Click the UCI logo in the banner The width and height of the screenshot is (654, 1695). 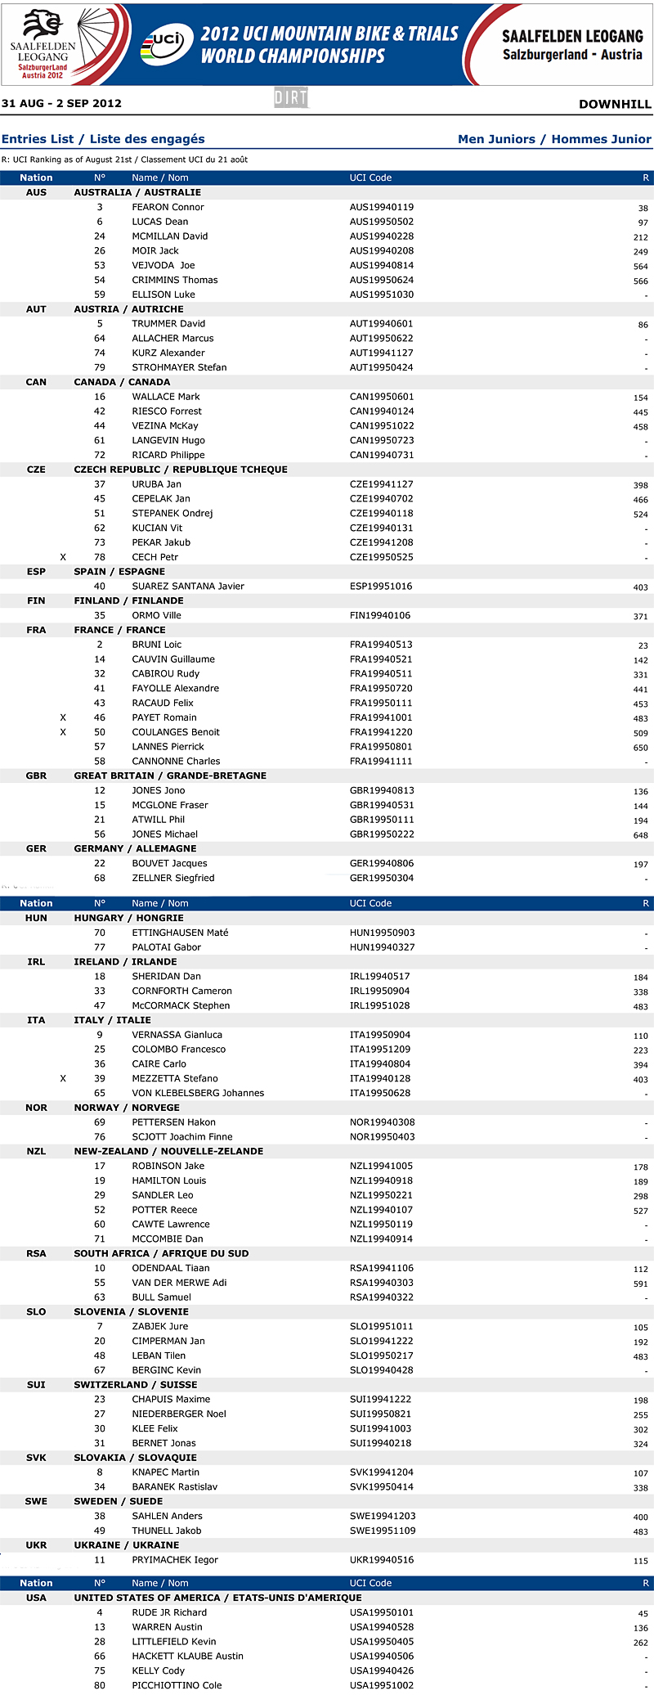click(167, 44)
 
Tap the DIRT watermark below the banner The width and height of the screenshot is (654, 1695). click(291, 98)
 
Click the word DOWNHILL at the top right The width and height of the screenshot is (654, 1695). click(615, 104)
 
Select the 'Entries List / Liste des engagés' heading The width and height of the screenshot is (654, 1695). click(103, 139)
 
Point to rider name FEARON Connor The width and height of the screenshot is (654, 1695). click(168, 207)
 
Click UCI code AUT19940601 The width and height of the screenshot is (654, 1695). click(381, 324)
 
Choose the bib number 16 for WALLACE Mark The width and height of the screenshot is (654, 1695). click(100, 397)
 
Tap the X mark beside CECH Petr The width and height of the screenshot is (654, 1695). click(63, 557)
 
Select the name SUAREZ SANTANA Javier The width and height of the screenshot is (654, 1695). click(188, 586)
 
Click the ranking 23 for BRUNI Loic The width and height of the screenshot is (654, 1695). click(643, 645)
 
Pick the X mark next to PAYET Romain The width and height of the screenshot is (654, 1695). click(63, 717)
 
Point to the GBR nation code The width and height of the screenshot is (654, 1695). click(36, 776)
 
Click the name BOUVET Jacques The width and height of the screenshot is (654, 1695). click(169, 863)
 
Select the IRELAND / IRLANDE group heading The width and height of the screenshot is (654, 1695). click(125, 961)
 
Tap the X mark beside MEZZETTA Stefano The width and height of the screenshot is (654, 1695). click(63, 1078)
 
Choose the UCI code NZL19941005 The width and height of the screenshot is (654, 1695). click(381, 1166)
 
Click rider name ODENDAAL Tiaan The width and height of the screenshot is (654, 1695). click(171, 1268)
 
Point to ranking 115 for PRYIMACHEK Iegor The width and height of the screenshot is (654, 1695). click(640, 1561)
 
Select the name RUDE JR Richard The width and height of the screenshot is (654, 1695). click(169, 1612)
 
